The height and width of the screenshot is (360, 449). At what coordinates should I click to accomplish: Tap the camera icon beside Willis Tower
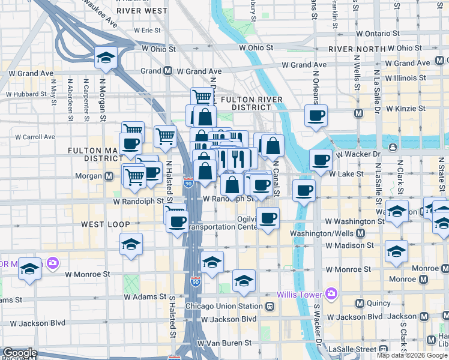click(x=331, y=293)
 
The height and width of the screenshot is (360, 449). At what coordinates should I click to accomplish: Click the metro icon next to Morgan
click(x=110, y=176)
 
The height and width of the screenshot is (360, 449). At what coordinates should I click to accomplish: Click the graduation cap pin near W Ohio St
click(x=106, y=58)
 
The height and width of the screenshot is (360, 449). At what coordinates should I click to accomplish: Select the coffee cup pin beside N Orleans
click(x=315, y=115)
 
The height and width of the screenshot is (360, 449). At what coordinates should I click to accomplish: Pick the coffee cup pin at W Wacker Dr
click(x=321, y=160)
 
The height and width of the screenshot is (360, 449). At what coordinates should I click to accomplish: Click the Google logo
click(x=20, y=353)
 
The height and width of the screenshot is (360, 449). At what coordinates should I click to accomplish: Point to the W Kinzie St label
click(x=406, y=109)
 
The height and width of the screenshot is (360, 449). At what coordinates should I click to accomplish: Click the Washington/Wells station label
click(x=323, y=233)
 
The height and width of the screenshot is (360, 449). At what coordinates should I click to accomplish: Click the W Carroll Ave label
click(x=36, y=136)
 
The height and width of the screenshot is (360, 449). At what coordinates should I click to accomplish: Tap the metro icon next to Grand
click(x=167, y=71)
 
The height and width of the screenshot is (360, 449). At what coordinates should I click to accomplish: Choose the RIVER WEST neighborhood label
click(x=142, y=11)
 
